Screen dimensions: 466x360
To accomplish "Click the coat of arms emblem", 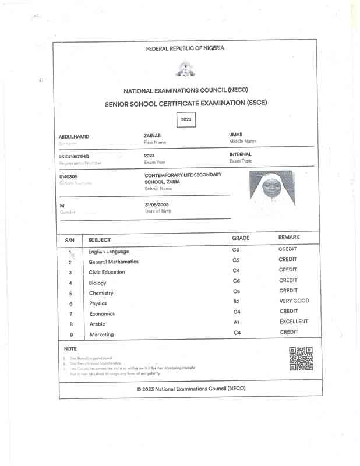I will click(x=185, y=69).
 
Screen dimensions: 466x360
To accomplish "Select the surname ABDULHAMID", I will click(x=74, y=137).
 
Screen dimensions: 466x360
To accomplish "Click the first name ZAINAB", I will click(x=152, y=135).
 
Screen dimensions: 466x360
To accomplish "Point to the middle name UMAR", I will click(x=236, y=135).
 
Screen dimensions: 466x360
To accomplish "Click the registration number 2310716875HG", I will click(x=75, y=157).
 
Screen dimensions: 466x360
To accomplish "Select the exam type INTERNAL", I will click(x=241, y=154).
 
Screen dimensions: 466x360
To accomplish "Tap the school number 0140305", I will click(x=68, y=176).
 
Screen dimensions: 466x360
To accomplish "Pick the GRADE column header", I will click(x=241, y=238).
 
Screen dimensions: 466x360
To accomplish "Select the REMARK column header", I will click(x=289, y=238).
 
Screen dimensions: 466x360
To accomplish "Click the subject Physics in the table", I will click(x=98, y=303).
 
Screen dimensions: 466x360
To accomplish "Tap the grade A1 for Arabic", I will click(x=237, y=322).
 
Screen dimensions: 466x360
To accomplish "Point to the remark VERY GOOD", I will click(x=294, y=301).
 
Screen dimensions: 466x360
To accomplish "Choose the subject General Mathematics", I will click(x=113, y=262).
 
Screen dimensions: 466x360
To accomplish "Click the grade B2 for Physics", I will click(x=237, y=302).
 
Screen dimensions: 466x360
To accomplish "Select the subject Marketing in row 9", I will click(x=101, y=334).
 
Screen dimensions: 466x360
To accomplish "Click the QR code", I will click(x=301, y=358).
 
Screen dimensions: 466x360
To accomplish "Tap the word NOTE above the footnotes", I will click(x=70, y=348).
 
